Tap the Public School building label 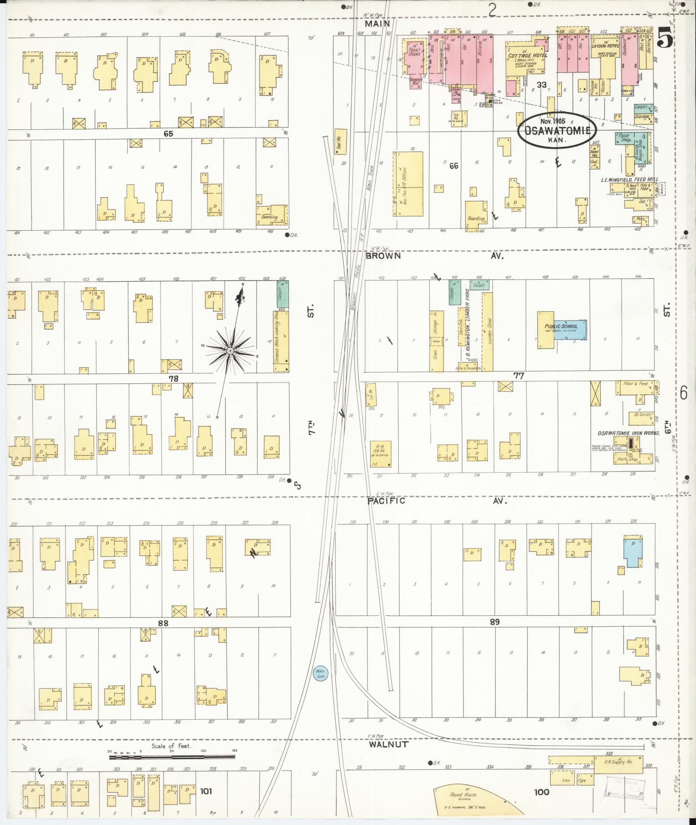click(x=561, y=326)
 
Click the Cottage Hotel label click(x=527, y=56)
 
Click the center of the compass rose click(x=230, y=351)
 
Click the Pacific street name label click(x=386, y=501)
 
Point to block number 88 click(x=163, y=623)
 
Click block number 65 click(x=168, y=134)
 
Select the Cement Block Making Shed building click(x=281, y=341)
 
